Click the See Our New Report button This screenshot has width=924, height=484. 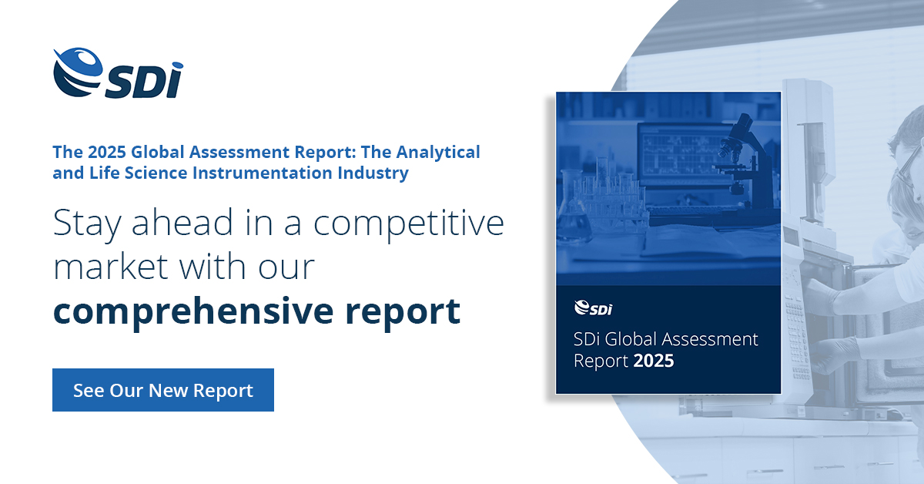[163, 390]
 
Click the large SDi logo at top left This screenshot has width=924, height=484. [118, 72]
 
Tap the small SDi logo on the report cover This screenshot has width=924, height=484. [593, 308]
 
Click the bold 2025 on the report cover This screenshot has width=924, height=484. [654, 361]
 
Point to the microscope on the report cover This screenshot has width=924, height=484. [742, 161]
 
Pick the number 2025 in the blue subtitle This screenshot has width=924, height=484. [107, 152]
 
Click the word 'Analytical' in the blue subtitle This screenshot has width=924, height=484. [438, 153]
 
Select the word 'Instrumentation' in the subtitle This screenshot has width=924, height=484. [263, 173]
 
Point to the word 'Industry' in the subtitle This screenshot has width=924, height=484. [373, 173]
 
